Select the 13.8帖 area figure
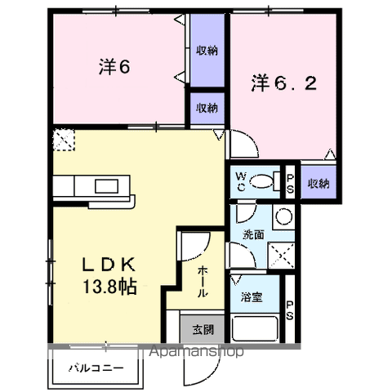point(109,287)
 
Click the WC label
point(242,180)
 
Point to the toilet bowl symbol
point(262,181)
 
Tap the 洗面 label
point(252,234)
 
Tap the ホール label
point(200,280)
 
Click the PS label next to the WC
point(289,182)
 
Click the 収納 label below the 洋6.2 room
point(318,183)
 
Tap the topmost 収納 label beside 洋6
point(207,51)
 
